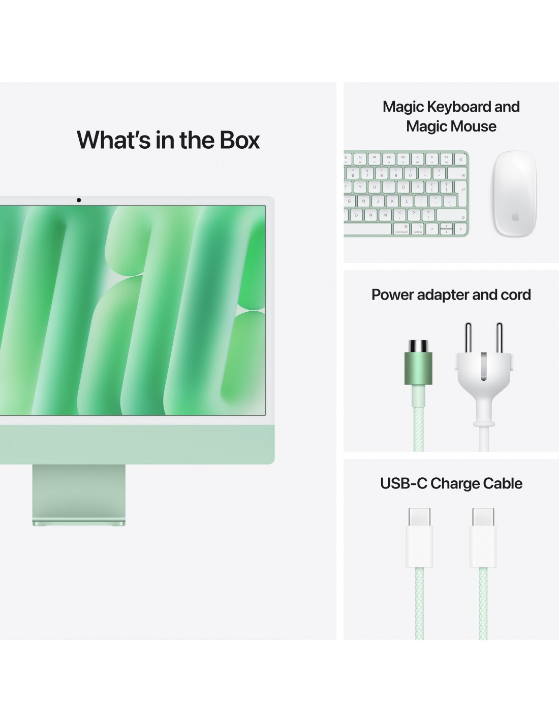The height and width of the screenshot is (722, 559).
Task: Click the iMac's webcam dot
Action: [78, 200]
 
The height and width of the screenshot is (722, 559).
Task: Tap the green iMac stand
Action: [79, 495]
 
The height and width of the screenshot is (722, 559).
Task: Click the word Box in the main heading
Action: [239, 140]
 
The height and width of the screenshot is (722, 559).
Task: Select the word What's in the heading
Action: [113, 140]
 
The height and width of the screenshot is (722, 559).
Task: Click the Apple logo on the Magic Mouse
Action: [515, 217]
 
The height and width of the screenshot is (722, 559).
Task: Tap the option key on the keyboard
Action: [418, 229]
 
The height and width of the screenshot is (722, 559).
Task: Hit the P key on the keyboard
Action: [417, 187]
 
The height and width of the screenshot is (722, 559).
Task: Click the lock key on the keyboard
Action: [460, 159]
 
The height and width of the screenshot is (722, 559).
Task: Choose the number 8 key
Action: [382, 173]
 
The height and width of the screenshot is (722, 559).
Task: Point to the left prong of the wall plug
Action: [468, 337]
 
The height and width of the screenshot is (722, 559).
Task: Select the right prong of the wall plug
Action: [499, 337]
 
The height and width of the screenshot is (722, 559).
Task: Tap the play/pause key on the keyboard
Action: [389, 159]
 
